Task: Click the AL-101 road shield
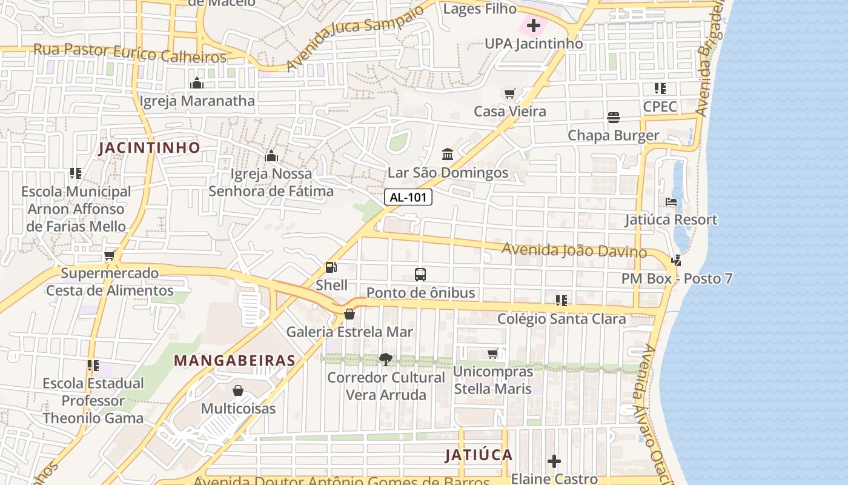(x=408, y=197)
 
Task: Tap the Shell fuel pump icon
(x=331, y=267)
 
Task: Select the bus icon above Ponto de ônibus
(x=420, y=274)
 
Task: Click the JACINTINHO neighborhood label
(x=149, y=147)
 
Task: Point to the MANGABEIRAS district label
(x=234, y=360)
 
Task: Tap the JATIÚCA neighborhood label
(x=479, y=455)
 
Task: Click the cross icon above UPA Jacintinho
(x=533, y=25)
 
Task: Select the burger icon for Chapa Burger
(x=614, y=117)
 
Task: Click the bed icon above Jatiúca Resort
(x=671, y=201)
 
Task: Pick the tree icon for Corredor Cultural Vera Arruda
(x=386, y=360)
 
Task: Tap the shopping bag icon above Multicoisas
(x=238, y=390)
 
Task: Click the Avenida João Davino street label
(x=574, y=249)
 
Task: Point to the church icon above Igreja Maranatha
(x=197, y=83)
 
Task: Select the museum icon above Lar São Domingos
(x=448, y=155)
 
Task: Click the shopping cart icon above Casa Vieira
(x=509, y=93)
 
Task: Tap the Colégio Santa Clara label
(x=561, y=318)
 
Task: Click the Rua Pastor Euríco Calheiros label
(x=130, y=53)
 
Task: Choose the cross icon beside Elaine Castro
(x=554, y=461)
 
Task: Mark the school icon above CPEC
(x=660, y=89)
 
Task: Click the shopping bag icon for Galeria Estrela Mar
(x=349, y=314)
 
